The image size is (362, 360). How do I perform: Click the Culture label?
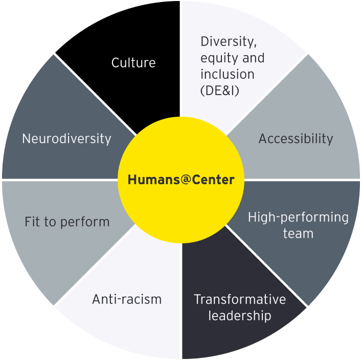[133, 63]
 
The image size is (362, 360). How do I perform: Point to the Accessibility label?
[296, 139]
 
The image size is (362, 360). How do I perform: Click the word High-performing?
[298, 217]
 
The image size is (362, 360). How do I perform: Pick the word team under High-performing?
[298, 233]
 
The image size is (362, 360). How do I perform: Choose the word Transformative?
[240, 299]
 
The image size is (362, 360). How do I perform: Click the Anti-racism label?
[127, 299]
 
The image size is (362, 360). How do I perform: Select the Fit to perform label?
[67, 222]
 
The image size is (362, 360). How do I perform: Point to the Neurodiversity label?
[66, 139]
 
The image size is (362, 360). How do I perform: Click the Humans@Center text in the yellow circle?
[181, 180]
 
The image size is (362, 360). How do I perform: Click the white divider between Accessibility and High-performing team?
[302, 179]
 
